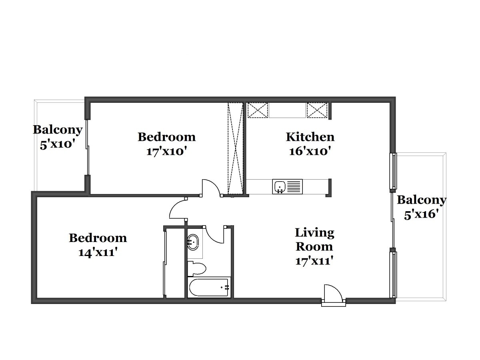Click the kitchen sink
[x=287, y=186]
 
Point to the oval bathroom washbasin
[x=193, y=242]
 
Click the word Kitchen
[x=310, y=137]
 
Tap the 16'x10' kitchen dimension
[x=310, y=151]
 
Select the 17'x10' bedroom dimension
[x=167, y=151]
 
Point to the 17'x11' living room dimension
[x=314, y=261]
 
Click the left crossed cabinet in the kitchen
[x=258, y=110]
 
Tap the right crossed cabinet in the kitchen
[x=317, y=110]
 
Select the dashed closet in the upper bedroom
[x=235, y=148]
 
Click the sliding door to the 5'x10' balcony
[x=88, y=147]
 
